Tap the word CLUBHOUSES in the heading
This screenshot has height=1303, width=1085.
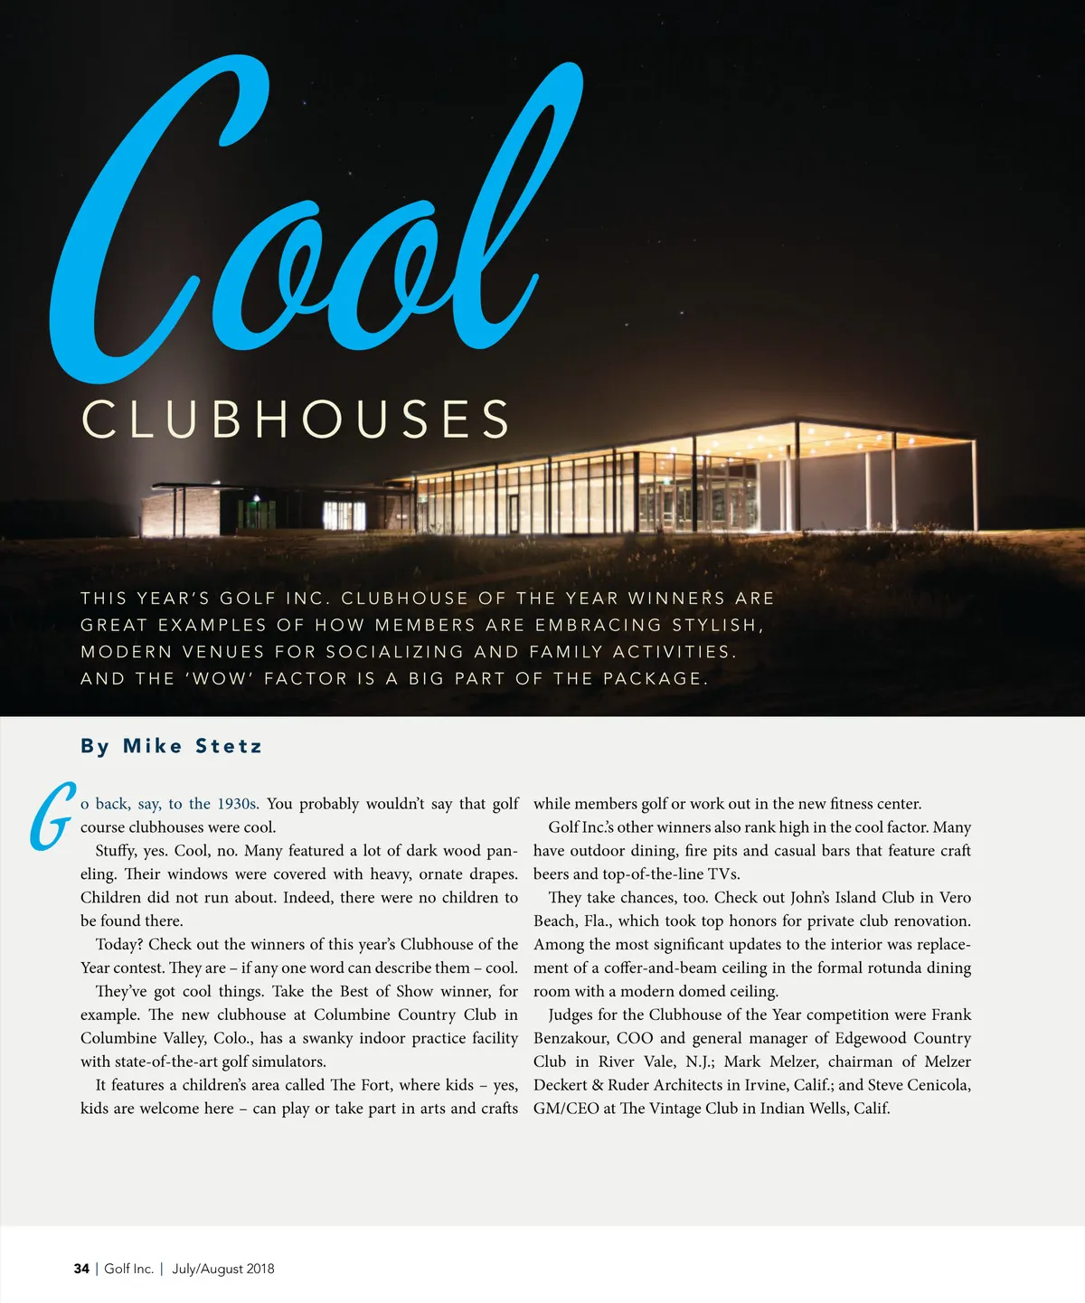tap(297, 420)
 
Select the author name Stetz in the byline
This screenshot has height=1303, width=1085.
tap(229, 746)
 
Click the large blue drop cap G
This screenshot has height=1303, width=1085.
tap(51, 817)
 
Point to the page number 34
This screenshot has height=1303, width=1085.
tap(81, 1269)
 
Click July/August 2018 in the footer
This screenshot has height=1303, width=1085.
tap(223, 1269)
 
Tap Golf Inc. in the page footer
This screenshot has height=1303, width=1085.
tap(128, 1269)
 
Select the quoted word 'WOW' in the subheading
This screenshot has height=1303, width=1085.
tap(220, 678)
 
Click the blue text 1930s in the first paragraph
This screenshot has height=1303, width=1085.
tap(237, 804)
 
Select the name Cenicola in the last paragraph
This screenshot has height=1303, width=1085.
tap(937, 1085)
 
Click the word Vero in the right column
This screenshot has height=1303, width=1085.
tap(955, 898)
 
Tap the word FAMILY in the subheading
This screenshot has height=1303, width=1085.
tap(566, 652)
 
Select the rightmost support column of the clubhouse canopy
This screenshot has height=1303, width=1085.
tap(975, 488)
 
